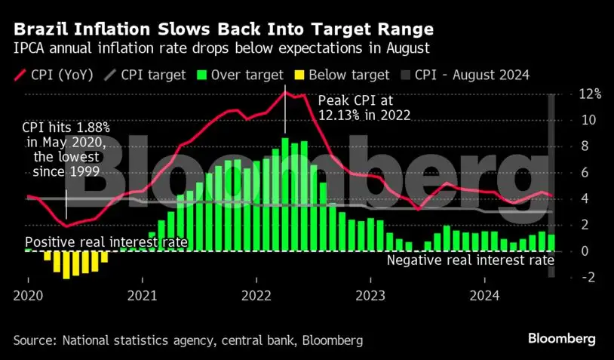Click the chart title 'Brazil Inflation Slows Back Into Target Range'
pyautogui.click(x=223, y=30)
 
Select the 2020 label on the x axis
pyautogui.click(x=28, y=295)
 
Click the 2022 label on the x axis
pyautogui.click(x=256, y=295)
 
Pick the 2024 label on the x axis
pyautogui.click(x=485, y=295)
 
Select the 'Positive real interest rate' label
pyautogui.click(x=106, y=242)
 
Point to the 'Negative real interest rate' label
pyautogui.click(x=471, y=260)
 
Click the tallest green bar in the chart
pyautogui.click(x=285, y=194)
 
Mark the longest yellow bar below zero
pyautogui.click(x=66, y=265)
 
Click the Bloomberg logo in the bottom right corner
pyautogui.click(x=561, y=339)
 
